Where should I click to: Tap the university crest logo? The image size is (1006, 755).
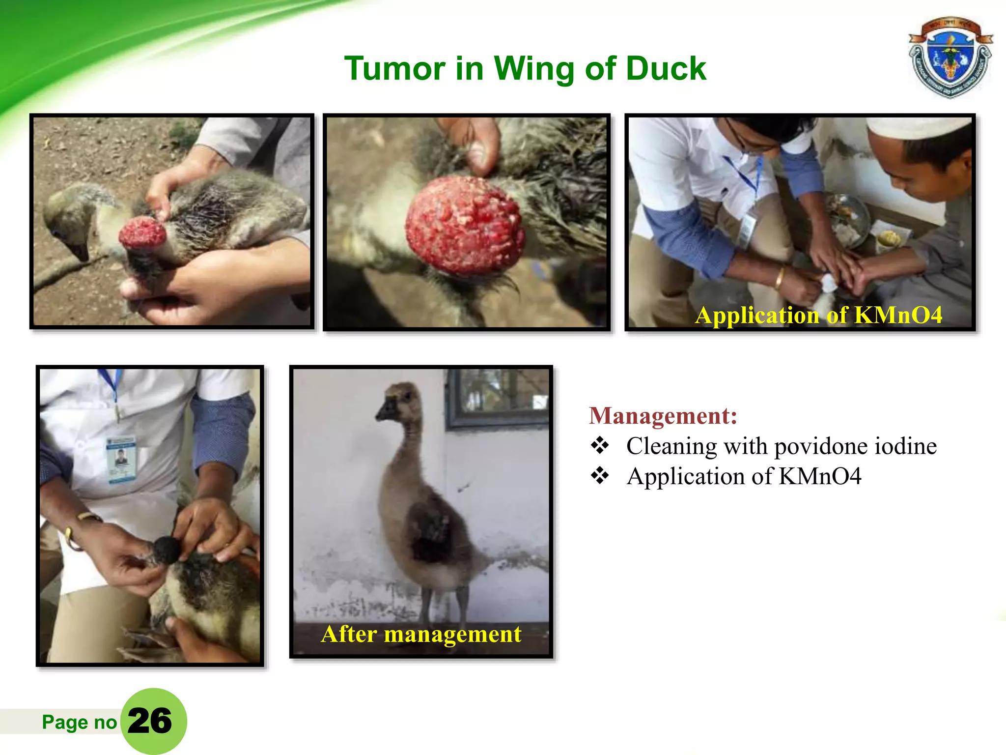tap(950, 58)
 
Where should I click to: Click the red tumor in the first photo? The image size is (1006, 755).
tap(143, 234)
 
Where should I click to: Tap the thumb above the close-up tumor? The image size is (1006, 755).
tap(479, 152)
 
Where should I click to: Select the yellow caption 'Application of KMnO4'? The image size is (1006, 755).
tap(818, 315)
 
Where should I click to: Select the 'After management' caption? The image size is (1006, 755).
tap(421, 634)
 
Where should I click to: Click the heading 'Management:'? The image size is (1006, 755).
tap(663, 416)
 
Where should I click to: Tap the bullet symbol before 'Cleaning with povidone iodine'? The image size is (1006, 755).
tap(600, 446)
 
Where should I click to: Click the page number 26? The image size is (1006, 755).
tap(150, 721)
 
